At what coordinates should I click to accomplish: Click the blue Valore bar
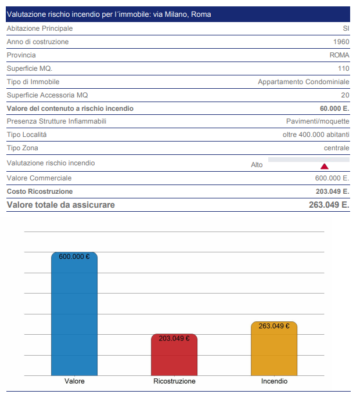point(74,314)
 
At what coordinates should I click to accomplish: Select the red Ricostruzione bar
point(174,355)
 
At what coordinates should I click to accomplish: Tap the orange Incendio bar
point(274,349)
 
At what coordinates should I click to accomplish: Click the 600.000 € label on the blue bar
point(74,256)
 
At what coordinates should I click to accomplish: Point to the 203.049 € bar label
point(174,338)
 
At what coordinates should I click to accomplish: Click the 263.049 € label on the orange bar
point(274,326)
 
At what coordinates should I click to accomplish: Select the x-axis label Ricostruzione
point(174,381)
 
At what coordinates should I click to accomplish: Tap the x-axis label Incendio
point(274,381)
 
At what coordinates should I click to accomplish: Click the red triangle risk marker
point(325,167)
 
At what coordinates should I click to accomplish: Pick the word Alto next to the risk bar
point(257,165)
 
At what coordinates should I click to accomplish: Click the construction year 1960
point(341,42)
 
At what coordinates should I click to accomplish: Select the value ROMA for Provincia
point(340,55)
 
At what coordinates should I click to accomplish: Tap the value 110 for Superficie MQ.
point(344,68)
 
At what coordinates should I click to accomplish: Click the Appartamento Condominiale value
point(304,82)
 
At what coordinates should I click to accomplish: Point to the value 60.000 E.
point(334,108)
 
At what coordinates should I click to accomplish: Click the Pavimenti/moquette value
point(318,121)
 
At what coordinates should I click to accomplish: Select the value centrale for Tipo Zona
point(337,148)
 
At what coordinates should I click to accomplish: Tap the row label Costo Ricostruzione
point(39,191)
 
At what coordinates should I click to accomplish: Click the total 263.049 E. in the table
point(329,205)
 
